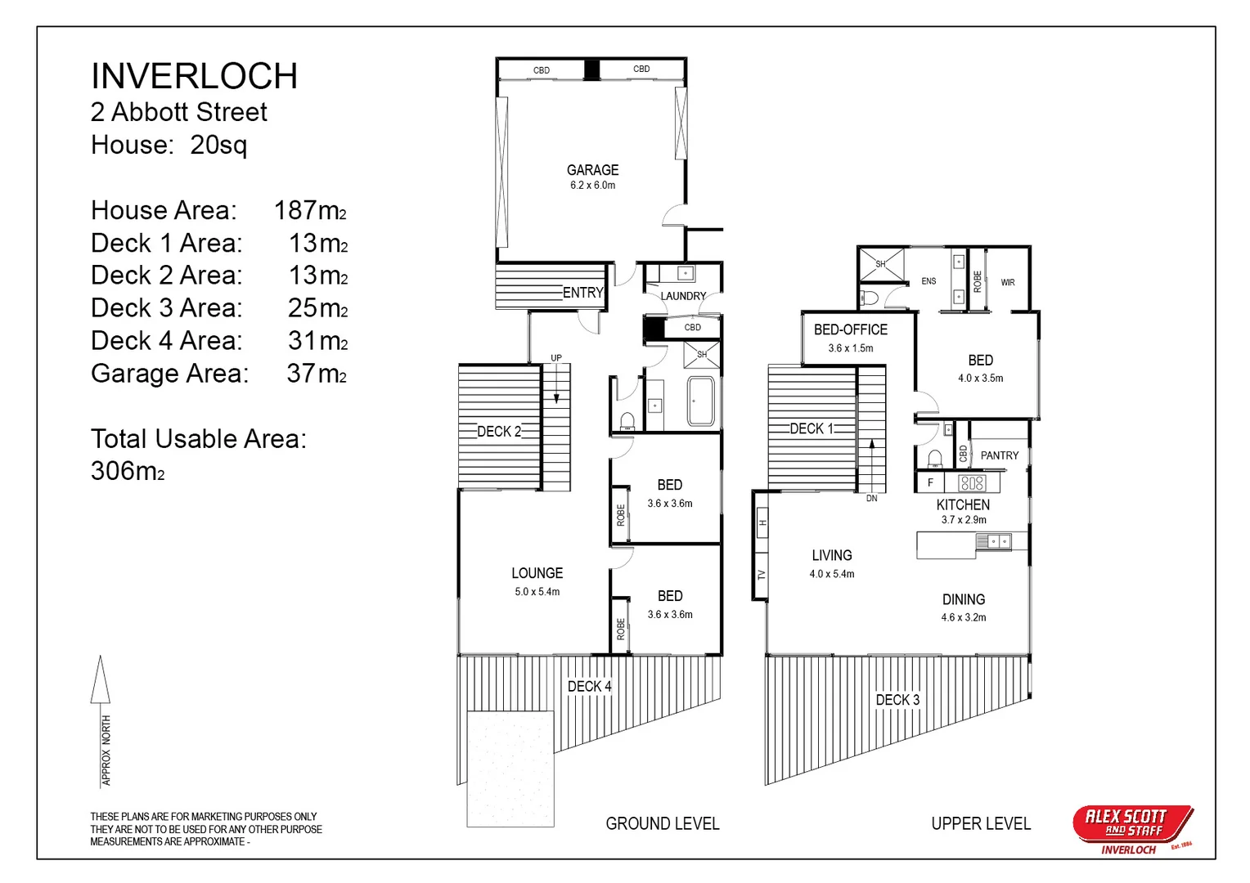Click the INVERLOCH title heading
(x=194, y=76)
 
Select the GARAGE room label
(x=592, y=170)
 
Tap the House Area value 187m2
(x=310, y=210)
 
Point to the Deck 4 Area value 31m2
(x=317, y=340)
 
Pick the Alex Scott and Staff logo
(x=1132, y=827)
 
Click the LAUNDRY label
(x=683, y=296)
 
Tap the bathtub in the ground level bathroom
(x=700, y=401)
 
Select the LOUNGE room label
(x=537, y=573)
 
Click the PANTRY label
(x=1000, y=455)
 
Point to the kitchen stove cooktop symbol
(x=972, y=482)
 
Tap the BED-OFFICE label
(x=850, y=329)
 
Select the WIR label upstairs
(x=1008, y=282)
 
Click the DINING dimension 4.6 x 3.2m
(x=963, y=617)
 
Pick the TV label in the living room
(x=762, y=575)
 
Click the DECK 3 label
(x=897, y=700)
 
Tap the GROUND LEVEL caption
(x=662, y=823)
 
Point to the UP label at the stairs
(x=556, y=358)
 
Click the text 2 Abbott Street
(x=178, y=112)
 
